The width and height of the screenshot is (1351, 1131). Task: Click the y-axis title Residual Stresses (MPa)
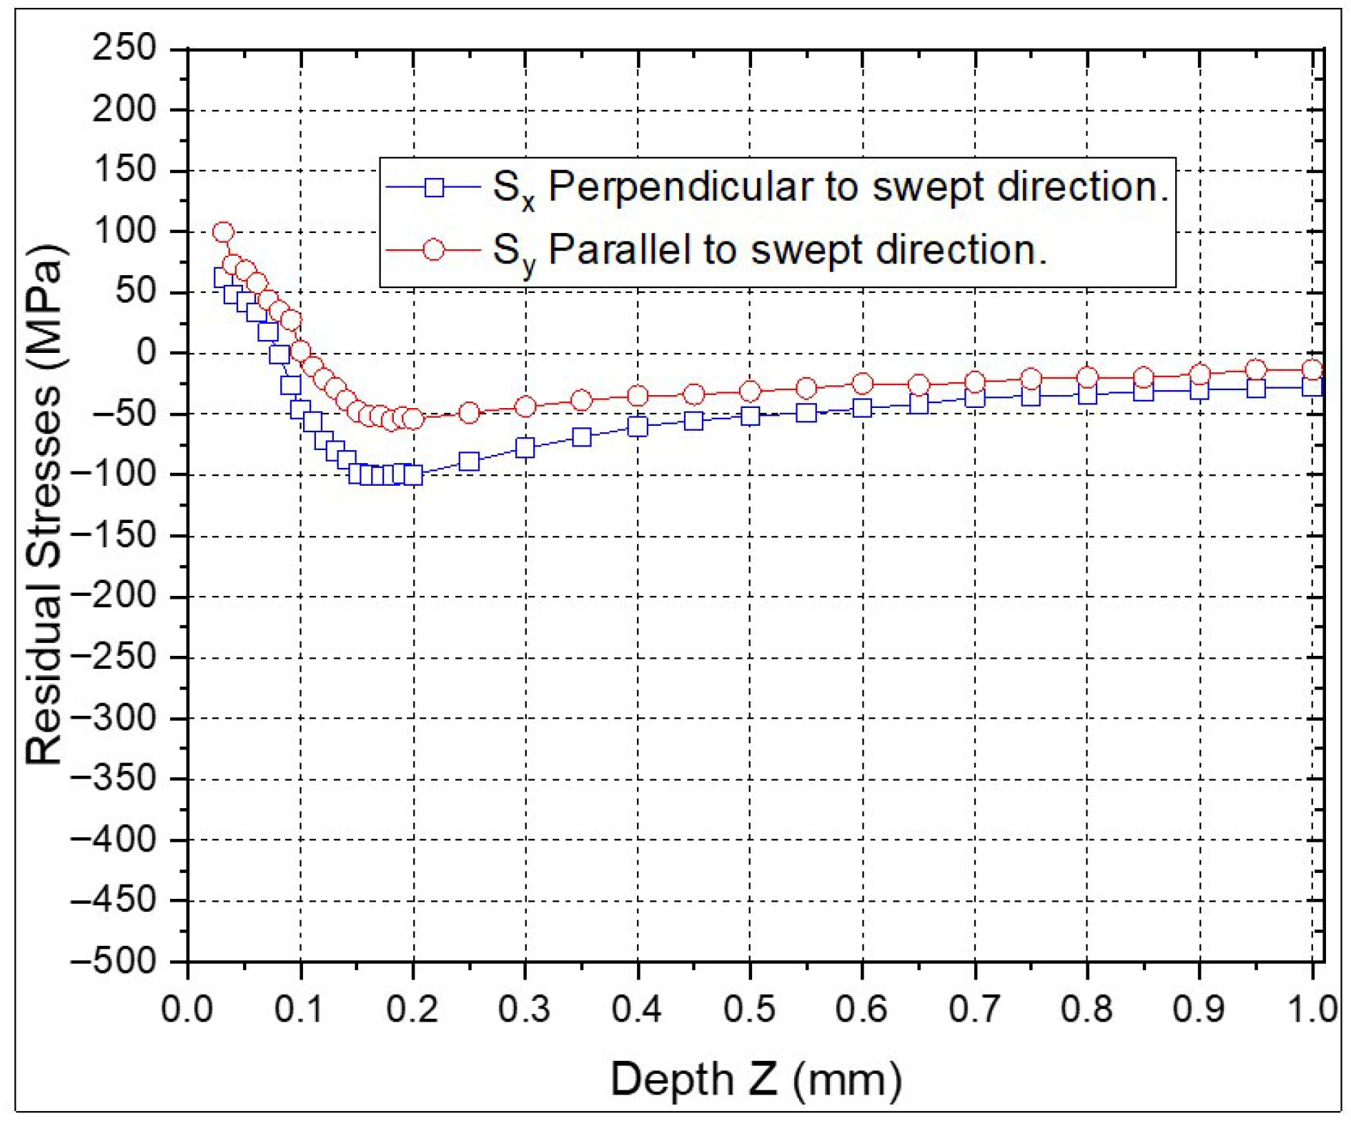click(x=44, y=504)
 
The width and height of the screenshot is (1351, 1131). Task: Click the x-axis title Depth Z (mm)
click(x=756, y=1079)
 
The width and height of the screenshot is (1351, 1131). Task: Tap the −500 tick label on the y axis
click(x=114, y=962)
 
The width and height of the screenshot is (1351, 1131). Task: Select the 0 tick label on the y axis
click(x=146, y=353)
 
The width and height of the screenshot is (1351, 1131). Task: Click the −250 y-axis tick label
click(x=114, y=657)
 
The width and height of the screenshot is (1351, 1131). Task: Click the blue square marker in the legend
click(x=434, y=188)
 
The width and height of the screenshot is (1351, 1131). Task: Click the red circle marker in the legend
click(x=434, y=251)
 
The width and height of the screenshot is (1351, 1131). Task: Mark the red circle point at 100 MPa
click(x=223, y=232)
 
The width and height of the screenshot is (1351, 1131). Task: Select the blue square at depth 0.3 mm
click(x=525, y=448)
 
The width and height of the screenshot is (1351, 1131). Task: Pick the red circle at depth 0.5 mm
click(x=750, y=392)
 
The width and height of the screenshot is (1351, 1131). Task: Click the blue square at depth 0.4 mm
click(x=638, y=427)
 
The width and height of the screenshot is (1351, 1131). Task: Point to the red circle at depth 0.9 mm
click(x=1199, y=374)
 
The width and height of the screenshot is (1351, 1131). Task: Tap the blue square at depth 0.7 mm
click(x=975, y=397)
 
